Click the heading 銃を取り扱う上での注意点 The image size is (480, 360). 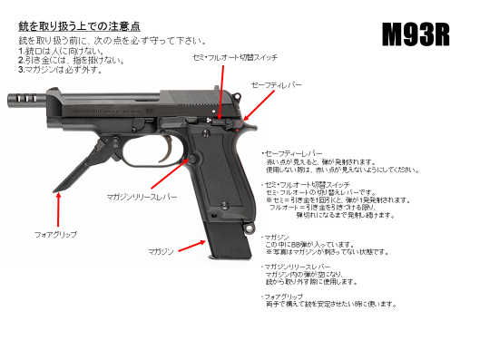[x=79, y=28]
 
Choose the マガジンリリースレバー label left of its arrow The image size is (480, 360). [x=142, y=195]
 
